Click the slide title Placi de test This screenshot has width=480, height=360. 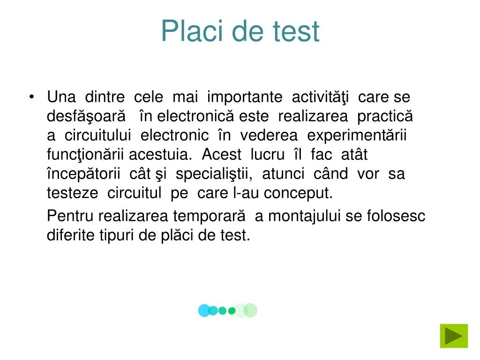pyautogui.click(x=240, y=31)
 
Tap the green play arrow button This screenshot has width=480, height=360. pyautogui.click(x=454, y=336)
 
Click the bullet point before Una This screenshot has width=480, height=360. pyautogui.click(x=31, y=98)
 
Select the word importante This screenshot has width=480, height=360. pyautogui.click(x=245, y=97)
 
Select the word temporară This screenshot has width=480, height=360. pyautogui.click(x=209, y=216)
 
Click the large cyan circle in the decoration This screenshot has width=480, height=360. pyautogui.click(x=204, y=310)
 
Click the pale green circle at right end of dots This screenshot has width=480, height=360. pyautogui.click(x=251, y=310)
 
